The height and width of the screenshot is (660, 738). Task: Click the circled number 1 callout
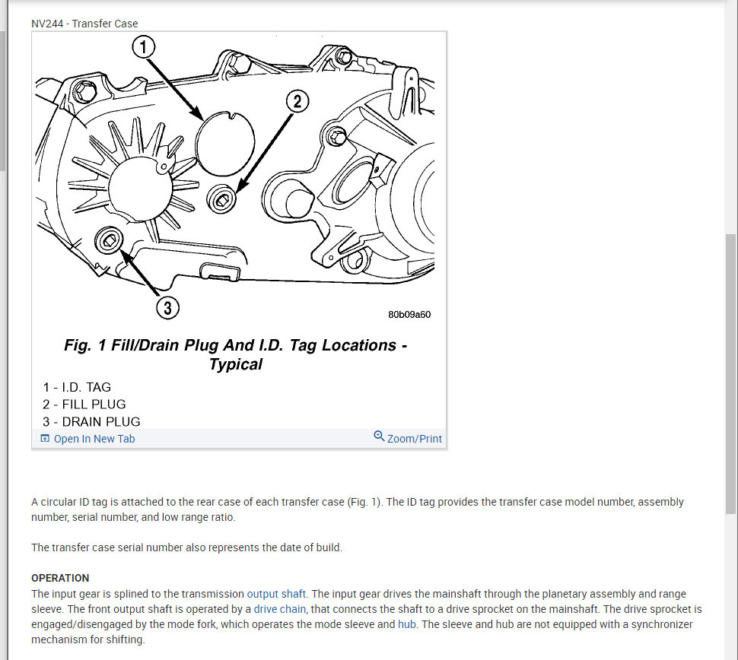click(x=144, y=46)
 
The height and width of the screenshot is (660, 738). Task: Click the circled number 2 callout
click(x=297, y=102)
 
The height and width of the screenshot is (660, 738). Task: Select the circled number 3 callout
click(x=167, y=308)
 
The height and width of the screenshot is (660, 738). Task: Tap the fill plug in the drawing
click(x=221, y=199)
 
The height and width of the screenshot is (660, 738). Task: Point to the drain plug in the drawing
click(x=109, y=241)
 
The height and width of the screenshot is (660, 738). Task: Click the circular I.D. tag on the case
click(x=225, y=141)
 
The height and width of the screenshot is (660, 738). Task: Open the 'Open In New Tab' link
click(x=94, y=439)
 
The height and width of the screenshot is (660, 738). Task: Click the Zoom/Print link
click(x=414, y=439)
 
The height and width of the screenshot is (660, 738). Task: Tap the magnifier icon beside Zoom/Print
click(x=379, y=436)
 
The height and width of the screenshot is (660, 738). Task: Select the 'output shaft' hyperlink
click(x=276, y=594)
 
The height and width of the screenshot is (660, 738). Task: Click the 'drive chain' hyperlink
click(x=279, y=609)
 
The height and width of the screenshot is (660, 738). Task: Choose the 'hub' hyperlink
click(x=406, y=624)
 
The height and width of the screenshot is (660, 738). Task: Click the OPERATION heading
click(x=60, y=578)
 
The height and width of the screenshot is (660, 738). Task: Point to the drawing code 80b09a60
click(x=409, y=315)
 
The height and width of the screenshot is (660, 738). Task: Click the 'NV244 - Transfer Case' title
click(x=84, y=24)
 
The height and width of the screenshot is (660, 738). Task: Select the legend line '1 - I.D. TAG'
click(x=77, y=387)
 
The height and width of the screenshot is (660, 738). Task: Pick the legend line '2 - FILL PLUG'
click(x=84, y=405)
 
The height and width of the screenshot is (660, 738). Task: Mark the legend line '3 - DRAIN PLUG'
click(x=91, y=421)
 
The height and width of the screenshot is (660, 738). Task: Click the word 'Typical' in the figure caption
click(x=236, y=365)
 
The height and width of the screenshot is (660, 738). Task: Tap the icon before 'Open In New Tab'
click(x=45, y=439)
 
